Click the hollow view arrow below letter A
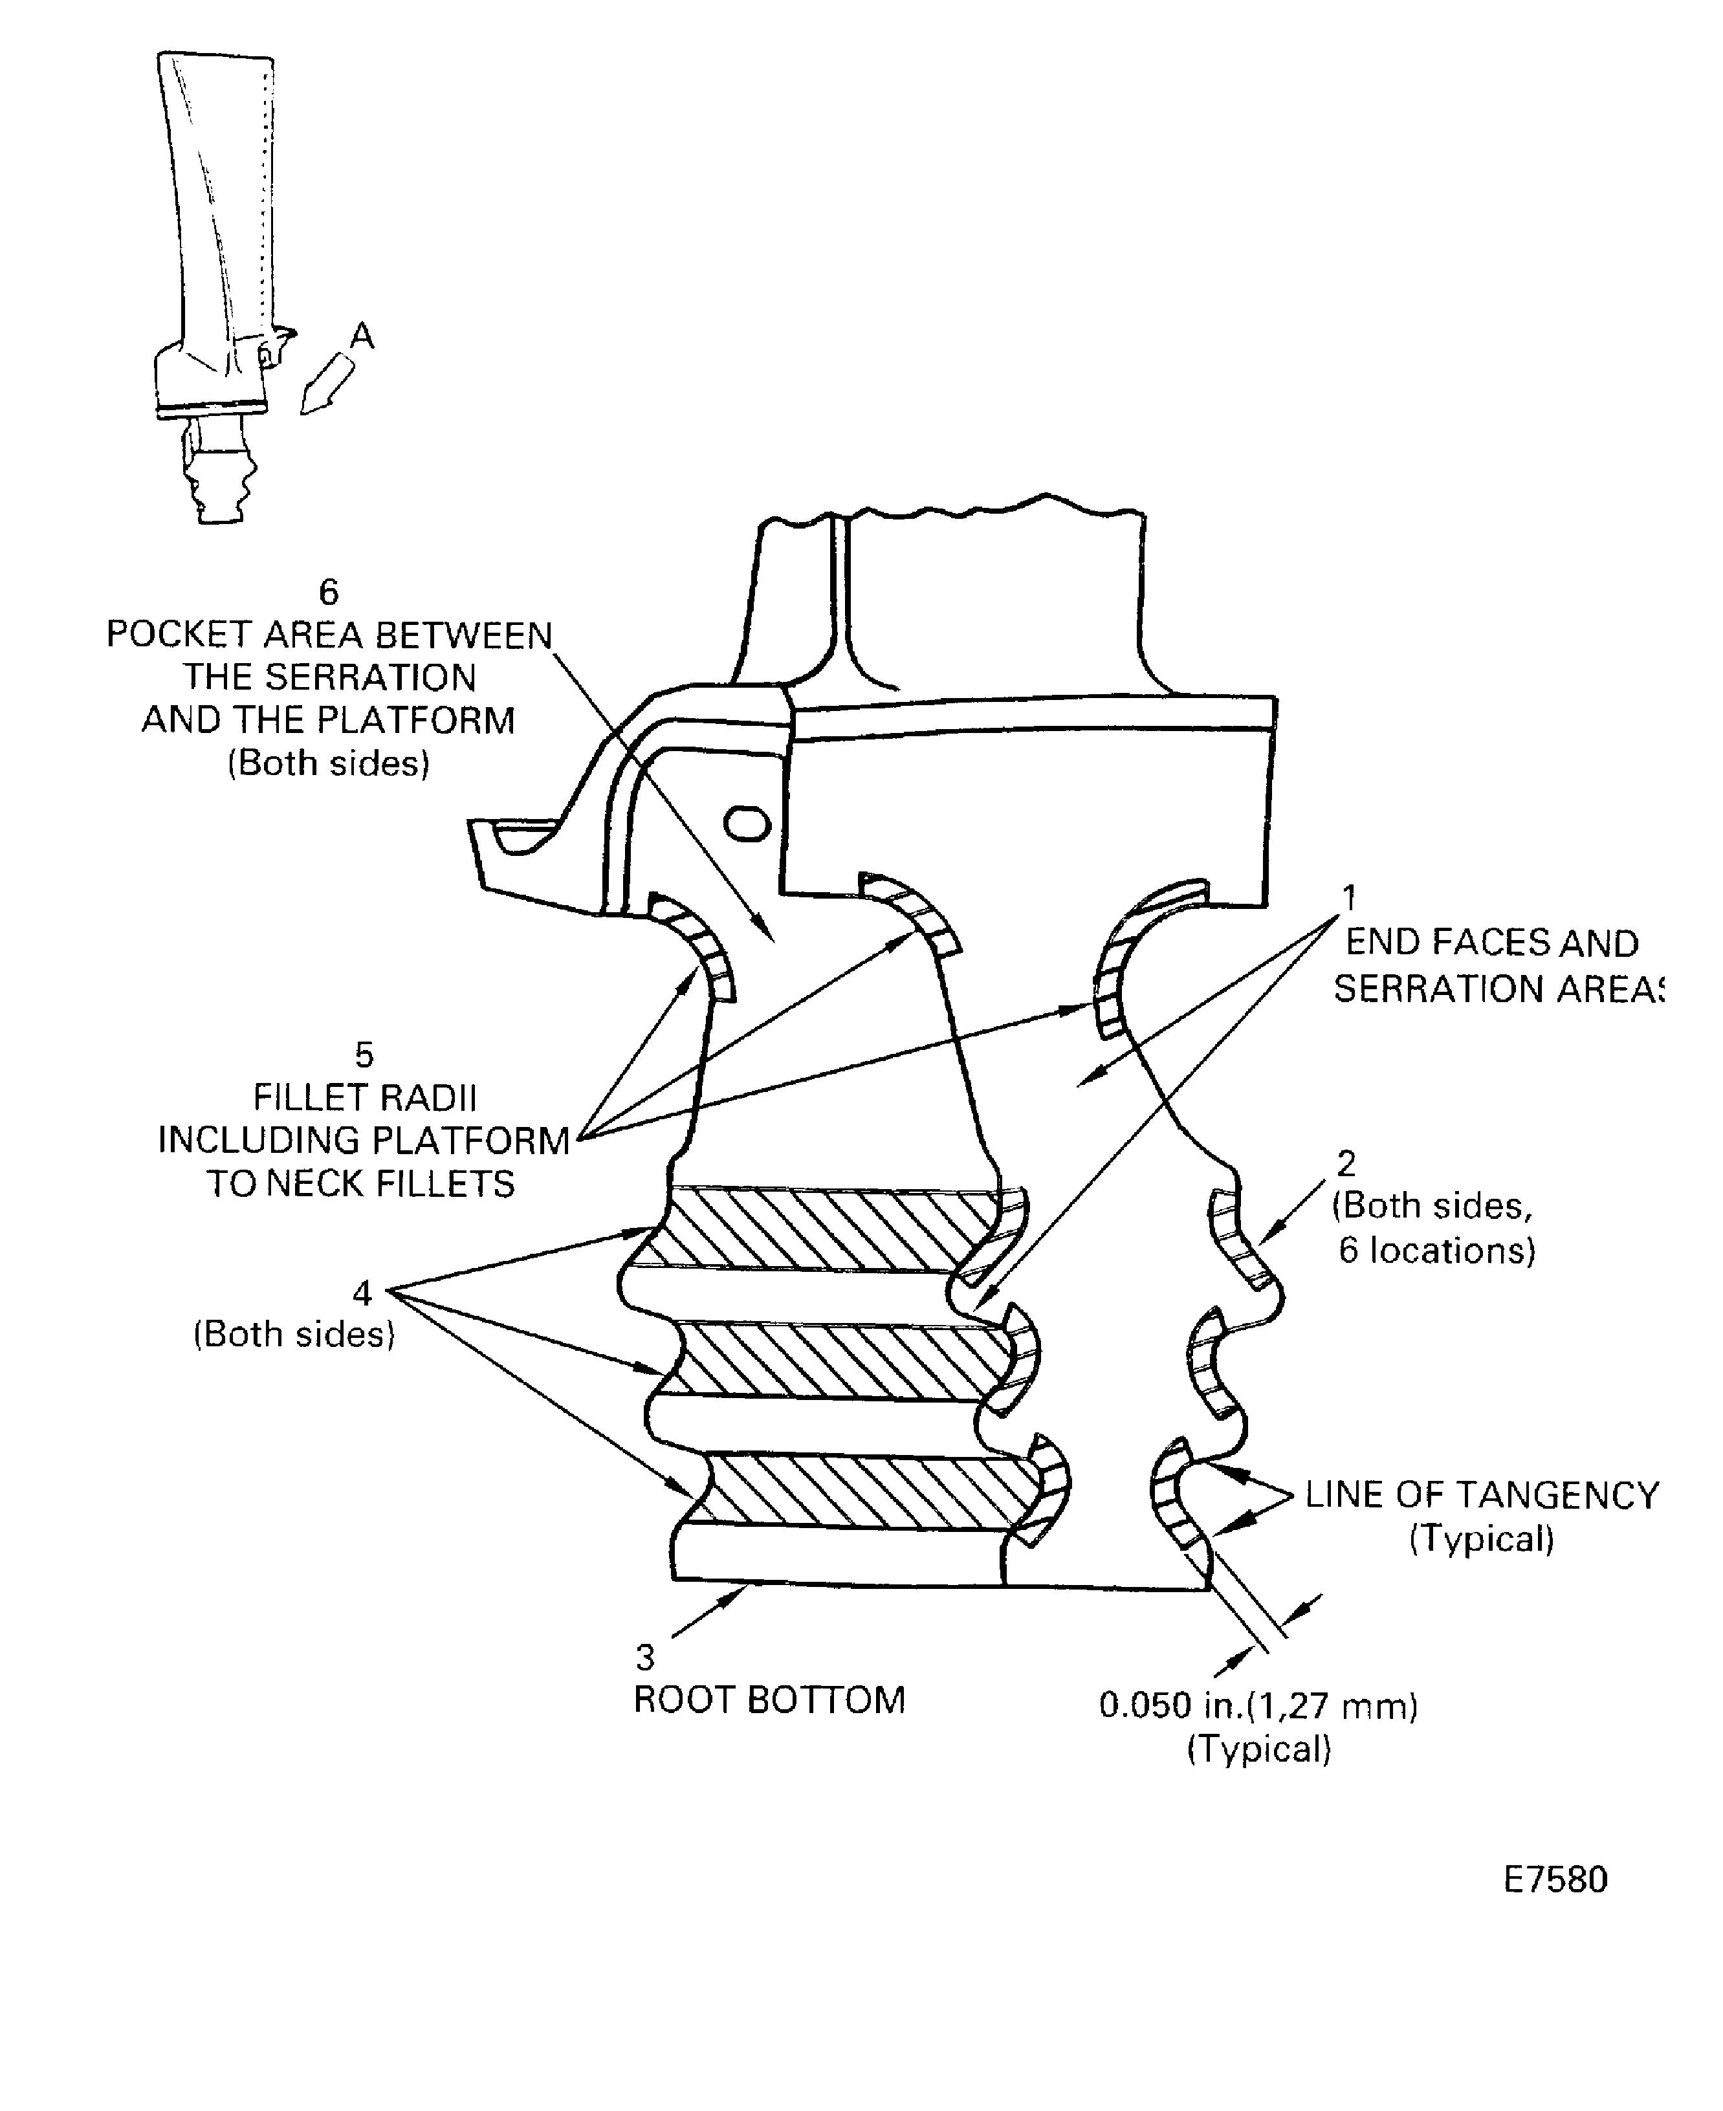pos(327,386)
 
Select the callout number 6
pos(329,593)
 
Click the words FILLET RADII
pos(364,1098)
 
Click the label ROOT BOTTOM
pos(769,1700)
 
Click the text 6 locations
pos(1436,1251)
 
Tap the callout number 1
pos(1349,898)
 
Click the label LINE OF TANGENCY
pos(1481,1494)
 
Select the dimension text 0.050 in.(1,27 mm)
pos(1258,1706)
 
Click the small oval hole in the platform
pos(747,824)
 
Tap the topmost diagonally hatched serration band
pos(814,1229)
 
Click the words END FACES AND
pos(1491,943)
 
